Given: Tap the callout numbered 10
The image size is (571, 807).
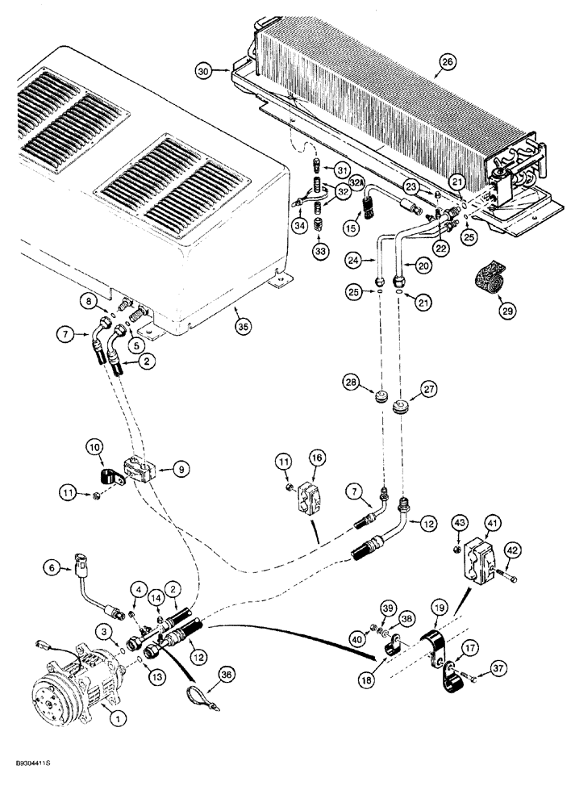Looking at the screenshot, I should [94, 446].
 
